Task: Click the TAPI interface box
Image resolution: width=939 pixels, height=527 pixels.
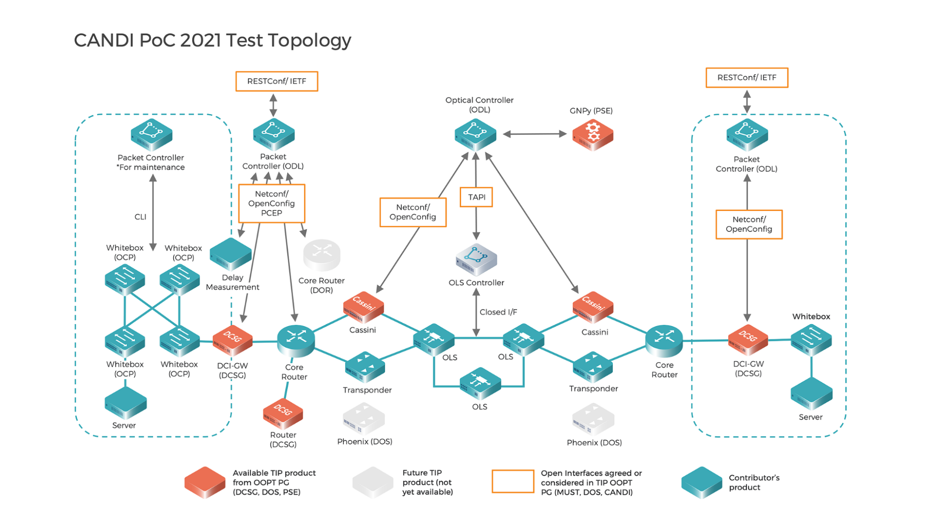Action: click(x=476, y=197)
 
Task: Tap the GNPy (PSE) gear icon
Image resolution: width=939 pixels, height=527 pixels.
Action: click(x=592, y=135)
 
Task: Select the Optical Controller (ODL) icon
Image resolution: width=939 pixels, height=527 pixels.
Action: click(x=475, y=135)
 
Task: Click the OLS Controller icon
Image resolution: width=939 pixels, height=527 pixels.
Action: click(x=476, y=259)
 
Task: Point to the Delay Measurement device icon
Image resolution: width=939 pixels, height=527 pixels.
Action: click(x=230, y=254)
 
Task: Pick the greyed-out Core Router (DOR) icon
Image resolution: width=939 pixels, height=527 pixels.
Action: click(x=322, y=255)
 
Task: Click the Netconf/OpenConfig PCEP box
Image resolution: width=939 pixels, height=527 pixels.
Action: click(x=272, y=203)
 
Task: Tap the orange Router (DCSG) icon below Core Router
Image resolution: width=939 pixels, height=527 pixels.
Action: click(x=283, y=413)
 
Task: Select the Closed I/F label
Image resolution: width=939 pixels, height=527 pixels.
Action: click(x=498, y=312)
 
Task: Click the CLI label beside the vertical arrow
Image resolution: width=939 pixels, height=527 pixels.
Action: click(x=140, y=217)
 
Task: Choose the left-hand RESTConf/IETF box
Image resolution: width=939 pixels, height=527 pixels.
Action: click(x=276, y=81)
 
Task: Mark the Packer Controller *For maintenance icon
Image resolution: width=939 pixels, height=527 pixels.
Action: click(x=151, y=135)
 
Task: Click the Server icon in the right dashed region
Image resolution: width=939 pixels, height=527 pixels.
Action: click(x=811, y=394)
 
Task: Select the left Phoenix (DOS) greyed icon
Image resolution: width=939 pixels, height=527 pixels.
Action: click(x=364, y=419)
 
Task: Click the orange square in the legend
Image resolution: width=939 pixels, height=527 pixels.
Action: click(x=205, y=482)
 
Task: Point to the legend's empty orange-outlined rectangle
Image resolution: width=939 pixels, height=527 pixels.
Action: click(x=512, y=481)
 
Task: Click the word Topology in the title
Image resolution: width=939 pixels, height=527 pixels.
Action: click(x=310, y=41)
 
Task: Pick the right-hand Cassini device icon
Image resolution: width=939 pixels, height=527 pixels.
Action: click(x=593, y=307)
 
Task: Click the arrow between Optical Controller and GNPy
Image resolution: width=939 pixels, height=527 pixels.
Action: click(x=535, y=134)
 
